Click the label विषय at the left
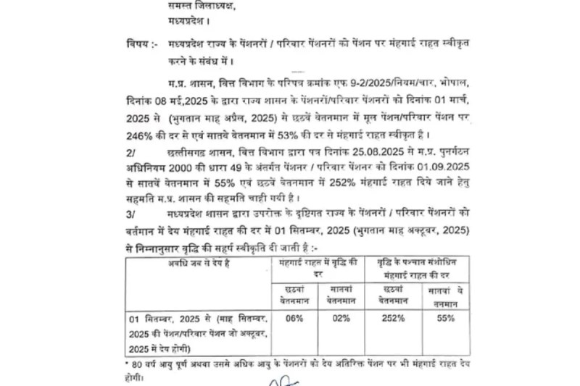click(x=136, y=44)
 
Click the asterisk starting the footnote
click(x=127, y=361)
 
